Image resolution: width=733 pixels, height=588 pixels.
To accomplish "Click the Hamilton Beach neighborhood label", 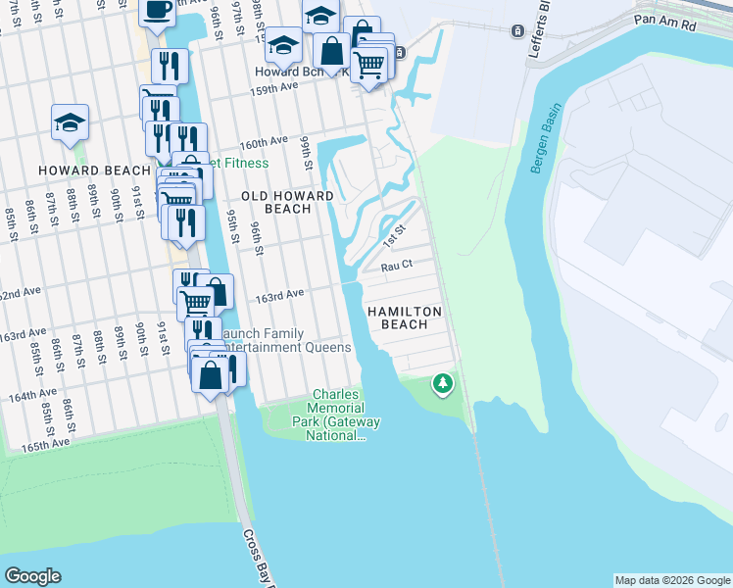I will (405, 318).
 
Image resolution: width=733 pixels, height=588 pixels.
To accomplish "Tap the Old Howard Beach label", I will (288, 202).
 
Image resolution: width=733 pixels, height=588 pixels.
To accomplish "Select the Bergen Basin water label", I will (545, 138).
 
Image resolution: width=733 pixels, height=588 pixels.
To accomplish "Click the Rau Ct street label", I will (396, 266).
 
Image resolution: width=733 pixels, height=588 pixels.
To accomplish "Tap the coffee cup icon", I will (158, 10).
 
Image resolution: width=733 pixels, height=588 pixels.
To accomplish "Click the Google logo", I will (32, 576).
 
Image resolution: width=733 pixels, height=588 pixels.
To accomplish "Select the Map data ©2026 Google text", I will (671, 580).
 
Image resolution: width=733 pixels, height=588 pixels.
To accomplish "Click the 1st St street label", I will (394, 235).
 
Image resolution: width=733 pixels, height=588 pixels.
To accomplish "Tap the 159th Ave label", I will (275, 86).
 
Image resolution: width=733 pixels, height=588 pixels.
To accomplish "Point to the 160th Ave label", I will (260, 142).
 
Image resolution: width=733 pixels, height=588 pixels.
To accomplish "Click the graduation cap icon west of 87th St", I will (71, 122).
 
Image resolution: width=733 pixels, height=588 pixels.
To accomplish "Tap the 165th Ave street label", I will (47, 444).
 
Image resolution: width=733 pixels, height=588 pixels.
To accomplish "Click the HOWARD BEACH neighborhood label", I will (80, 171).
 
